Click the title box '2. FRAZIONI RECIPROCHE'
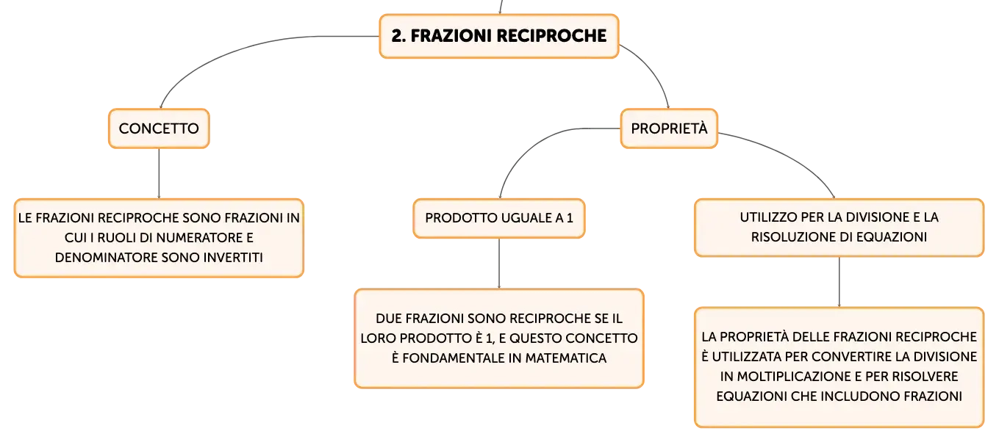[x=499, y=36]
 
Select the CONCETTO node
[x=159, y=128]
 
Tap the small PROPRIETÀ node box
[x=669, y=128]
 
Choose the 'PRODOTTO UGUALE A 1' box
[x=499, y=218]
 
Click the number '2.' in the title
[x=398, y=36]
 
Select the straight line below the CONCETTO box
[x=159, y=173]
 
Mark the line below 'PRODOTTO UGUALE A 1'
[x=499, y=264]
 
